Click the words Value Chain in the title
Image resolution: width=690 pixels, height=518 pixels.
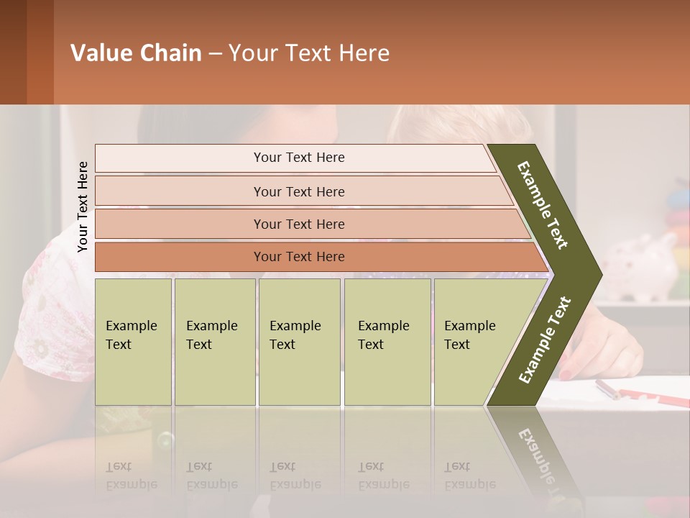click(136, 53)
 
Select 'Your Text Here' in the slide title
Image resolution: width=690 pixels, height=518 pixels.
click(309, 53)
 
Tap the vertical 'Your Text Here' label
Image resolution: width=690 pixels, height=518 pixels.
click(83, 206)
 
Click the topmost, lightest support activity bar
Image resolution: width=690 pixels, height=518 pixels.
click(299, 158)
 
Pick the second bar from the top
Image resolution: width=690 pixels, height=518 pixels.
click(299, 191)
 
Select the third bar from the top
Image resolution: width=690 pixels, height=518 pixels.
click(299, 224)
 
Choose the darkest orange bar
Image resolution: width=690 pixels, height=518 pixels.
click(299, 257)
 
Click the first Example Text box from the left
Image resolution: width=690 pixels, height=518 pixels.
click(133, 342)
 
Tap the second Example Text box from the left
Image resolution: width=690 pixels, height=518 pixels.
click(214, 342)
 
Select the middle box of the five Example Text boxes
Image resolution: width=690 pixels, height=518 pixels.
click(299, 342)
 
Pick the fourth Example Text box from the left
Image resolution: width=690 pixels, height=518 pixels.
click(387, 342)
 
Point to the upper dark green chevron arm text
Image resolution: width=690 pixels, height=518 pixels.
click(543, 205)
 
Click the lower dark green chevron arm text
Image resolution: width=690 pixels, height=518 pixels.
click(545, 340)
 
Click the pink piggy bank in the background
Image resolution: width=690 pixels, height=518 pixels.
click(640, 266)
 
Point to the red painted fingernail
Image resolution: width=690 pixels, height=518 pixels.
click(566, 374)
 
